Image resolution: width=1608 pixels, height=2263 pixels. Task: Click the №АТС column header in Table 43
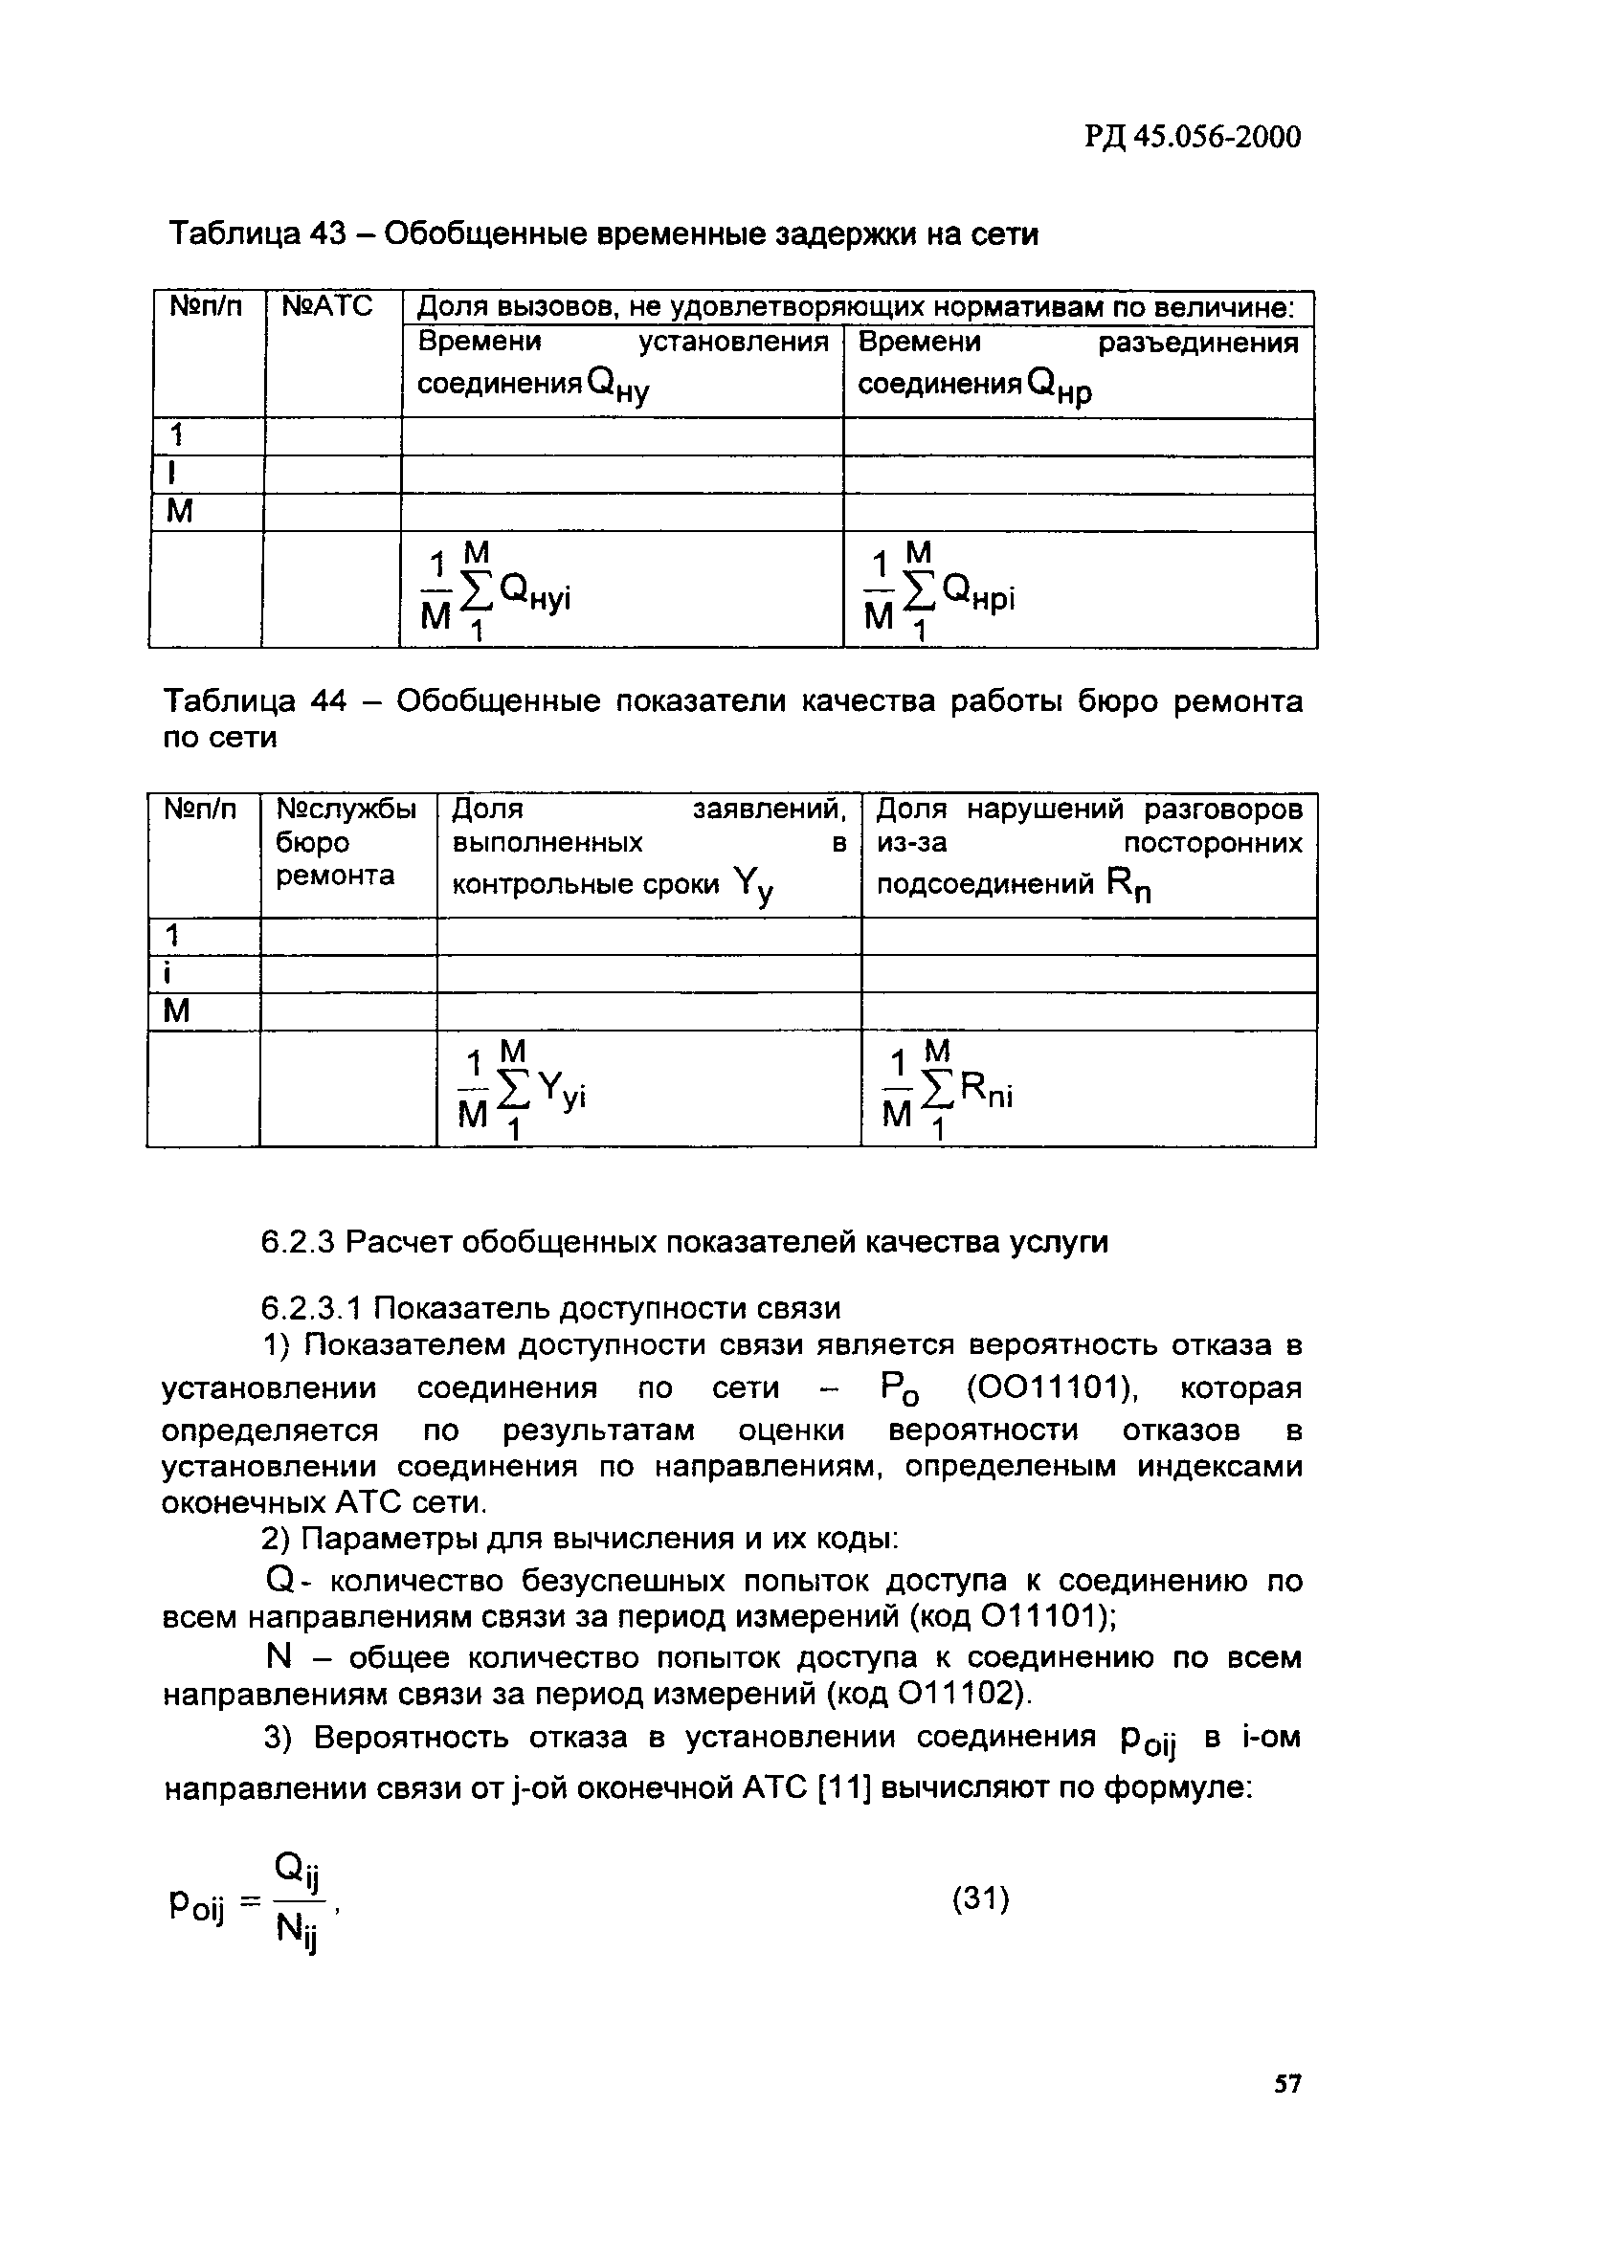tap(327, 306)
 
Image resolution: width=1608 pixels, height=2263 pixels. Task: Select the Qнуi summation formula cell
tap(500, 591)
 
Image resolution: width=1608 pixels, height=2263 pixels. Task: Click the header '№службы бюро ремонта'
tap(346, 842)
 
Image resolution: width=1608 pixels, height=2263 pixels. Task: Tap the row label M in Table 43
tap(180, 512)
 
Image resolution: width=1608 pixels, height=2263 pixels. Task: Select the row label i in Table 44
tap(168, 973)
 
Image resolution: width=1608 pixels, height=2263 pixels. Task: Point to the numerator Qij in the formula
tap(297, 1869)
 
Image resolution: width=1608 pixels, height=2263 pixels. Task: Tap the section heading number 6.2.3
tap(298, 1241)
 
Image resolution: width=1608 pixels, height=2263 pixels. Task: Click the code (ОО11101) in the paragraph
tap(1051, 1387)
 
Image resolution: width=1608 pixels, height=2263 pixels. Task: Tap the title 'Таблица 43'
tap(256, 234)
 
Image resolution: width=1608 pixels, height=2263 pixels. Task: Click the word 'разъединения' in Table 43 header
tap(1198, 343)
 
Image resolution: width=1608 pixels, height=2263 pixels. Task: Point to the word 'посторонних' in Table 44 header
tap(1213, 842)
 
